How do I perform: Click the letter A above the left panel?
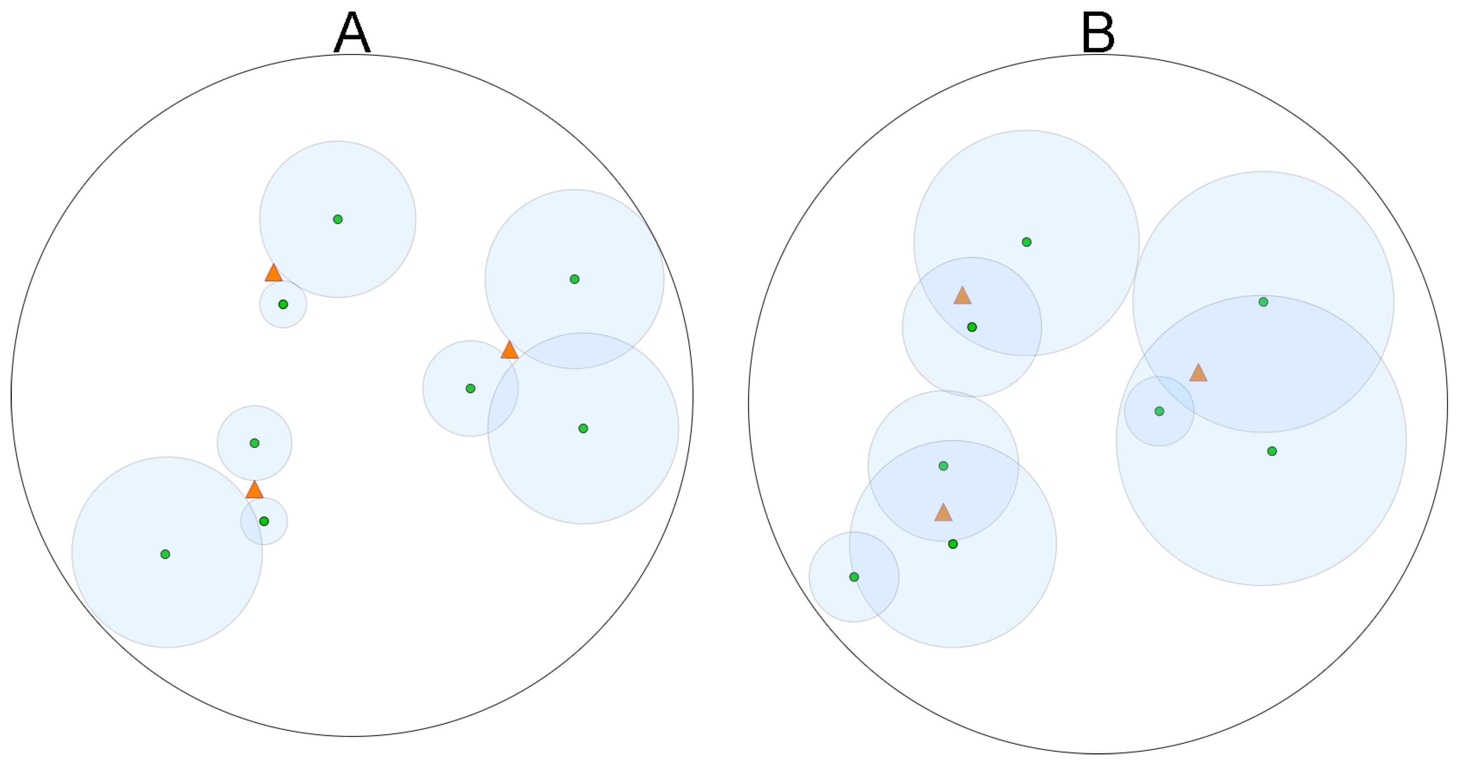pyautogui.click(x=352, y=33)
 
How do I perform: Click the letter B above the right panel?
pyautogui.click(x=1098, y=33)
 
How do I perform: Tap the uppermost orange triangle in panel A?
pyautogui.click(x=274, y=274)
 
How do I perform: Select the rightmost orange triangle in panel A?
pyautogui.click(x=509, y=351)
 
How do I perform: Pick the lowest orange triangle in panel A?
pyautogui.click(x=254, y=490)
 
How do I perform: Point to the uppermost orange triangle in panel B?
pyautogui.click(x=962, y=296)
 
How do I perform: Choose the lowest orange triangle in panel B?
pyautogui.click(x=943, y=513)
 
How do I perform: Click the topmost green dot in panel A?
pyautogui.click(x=337, y=219)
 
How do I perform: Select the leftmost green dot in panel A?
pyautogui.click(x=165, y=554)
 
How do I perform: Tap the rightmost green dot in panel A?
pyautogui.click(x=583, y=428)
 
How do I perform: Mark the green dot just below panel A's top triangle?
pyautogui.click(x=283, y=304)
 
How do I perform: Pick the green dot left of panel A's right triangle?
pyautogui.click(x=470, y=389)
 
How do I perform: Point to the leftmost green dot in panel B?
pyautogui.click(x=854, y=577)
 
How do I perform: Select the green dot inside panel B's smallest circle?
pyautogui.click(x=1159, y=411)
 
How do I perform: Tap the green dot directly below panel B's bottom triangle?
pyautogui.click(x=953, y=544)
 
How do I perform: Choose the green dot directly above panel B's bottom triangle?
pyautogui.click(x=943, y=466)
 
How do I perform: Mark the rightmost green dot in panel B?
pyautogui.click(x=1272, y=451)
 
